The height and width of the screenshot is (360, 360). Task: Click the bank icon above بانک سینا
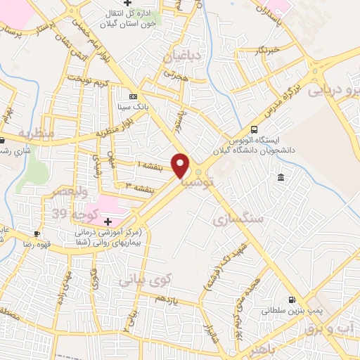point(134,97)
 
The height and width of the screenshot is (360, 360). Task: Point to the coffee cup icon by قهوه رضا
point(37,233)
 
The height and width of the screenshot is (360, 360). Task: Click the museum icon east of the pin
point(281,176)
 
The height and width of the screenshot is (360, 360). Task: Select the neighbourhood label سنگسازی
point(240,220)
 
